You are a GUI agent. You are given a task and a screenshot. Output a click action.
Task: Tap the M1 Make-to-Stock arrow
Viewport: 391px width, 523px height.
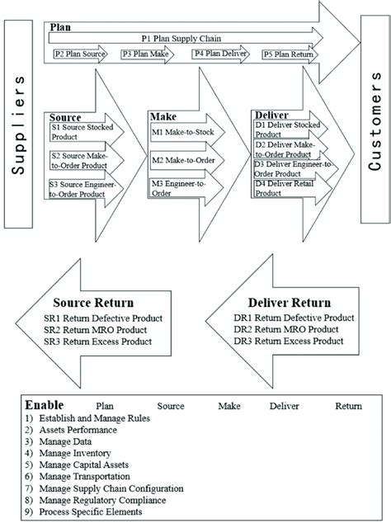point(181,132)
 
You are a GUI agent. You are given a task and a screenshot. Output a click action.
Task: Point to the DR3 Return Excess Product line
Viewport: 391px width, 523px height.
point(288,341)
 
